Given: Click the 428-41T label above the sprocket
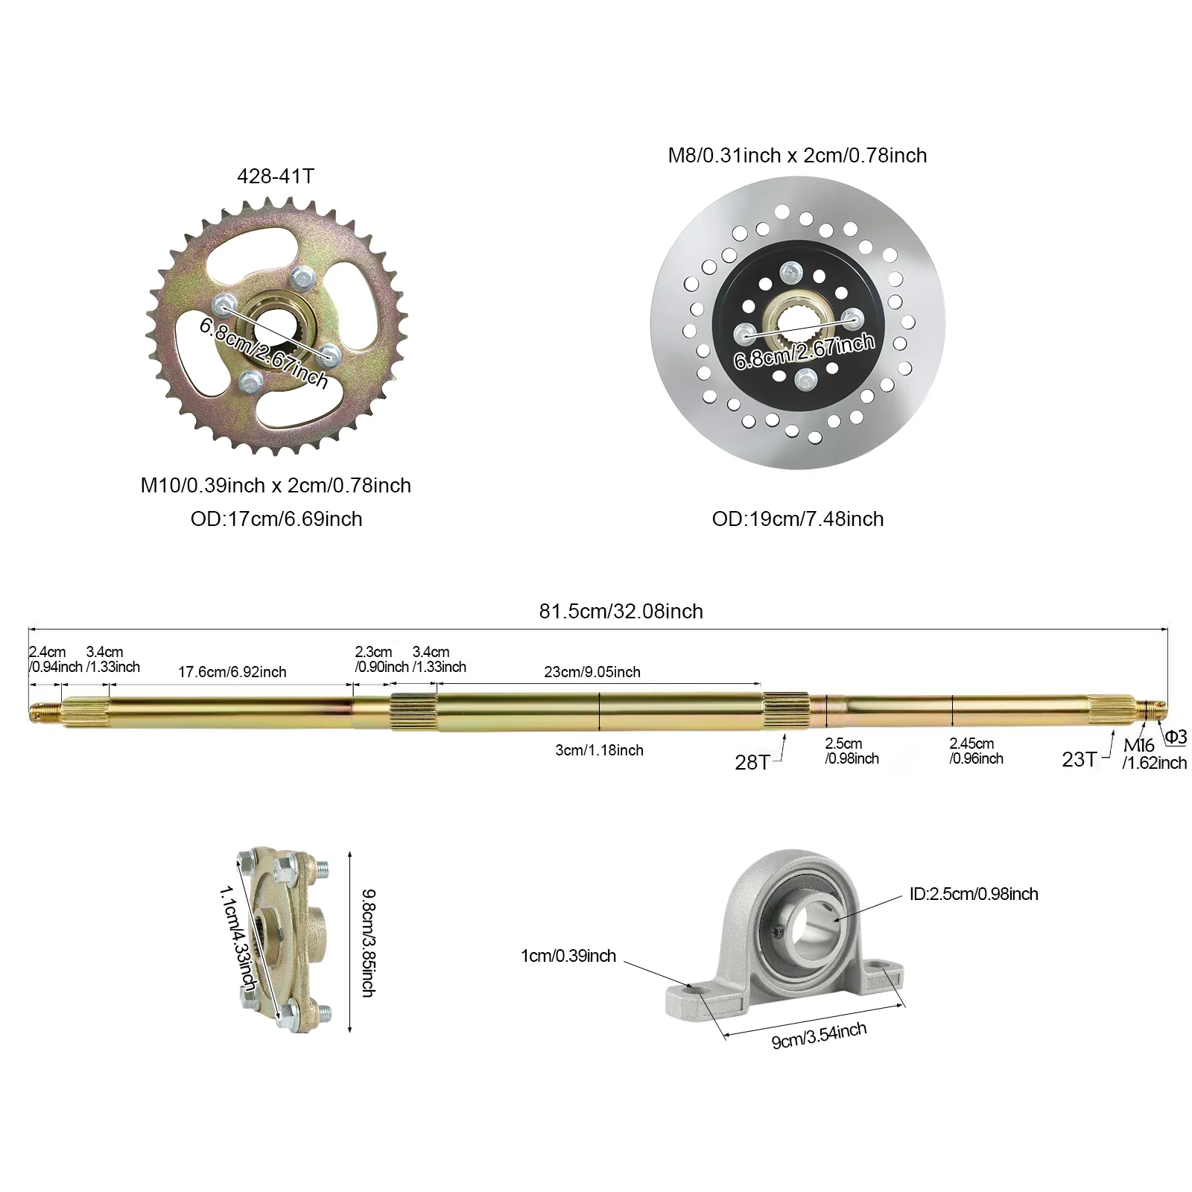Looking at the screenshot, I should [276, 177].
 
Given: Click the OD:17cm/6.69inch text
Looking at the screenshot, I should [276, 519].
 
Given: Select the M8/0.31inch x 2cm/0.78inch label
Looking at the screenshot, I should [797, 156].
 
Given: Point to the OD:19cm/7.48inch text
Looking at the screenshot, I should [798, 519].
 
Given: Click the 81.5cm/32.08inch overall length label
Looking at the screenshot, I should [621, 612].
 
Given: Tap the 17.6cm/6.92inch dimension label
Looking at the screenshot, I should [232, 672].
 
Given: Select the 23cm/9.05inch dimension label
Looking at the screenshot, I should [592, 672].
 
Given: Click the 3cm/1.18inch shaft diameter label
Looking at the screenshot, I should [599, 750].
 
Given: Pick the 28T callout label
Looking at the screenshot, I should [752, 762].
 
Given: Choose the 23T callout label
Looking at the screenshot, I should [1079, 759].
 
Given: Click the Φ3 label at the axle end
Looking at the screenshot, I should [1176, 737].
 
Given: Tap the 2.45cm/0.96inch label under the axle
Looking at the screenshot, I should [976, 751].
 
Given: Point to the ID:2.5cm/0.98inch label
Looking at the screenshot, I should [973, 894].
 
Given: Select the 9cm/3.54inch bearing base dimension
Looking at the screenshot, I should [819, 1036].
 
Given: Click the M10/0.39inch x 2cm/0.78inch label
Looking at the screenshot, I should [276, 486].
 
